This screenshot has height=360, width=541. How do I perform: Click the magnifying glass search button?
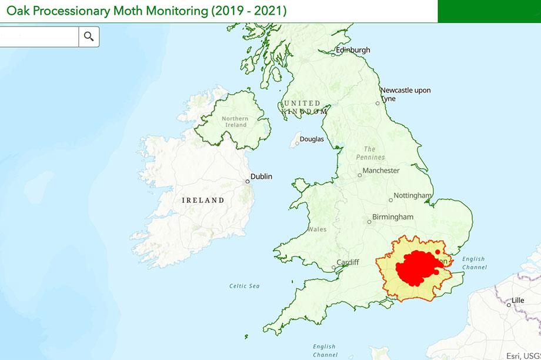point(89,36)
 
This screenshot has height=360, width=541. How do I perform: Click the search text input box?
point(39,36)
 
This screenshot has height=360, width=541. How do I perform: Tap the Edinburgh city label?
point(353,50)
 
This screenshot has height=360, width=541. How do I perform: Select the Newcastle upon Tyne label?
point(405,94)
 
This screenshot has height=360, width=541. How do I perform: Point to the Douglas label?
point(312,139)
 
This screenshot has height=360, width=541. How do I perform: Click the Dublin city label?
point(261,176)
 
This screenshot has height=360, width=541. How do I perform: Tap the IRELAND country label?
point(203,200)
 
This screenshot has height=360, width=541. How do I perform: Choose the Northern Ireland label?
point(235,122)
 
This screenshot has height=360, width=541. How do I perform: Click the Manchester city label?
point(380,171)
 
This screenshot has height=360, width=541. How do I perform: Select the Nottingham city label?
point(412,195)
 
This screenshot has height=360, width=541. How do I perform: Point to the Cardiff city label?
point(348,262)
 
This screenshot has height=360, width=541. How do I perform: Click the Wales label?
point(317,229)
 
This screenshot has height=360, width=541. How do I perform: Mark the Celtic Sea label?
point(244,286)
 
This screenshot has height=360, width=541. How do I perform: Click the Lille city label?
point(517,300)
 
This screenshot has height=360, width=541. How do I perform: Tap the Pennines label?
point(370,153)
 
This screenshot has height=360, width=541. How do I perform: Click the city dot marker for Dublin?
point(248,181)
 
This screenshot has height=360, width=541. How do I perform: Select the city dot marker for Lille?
point(509,305)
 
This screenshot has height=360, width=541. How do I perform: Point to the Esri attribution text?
point(523,355)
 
